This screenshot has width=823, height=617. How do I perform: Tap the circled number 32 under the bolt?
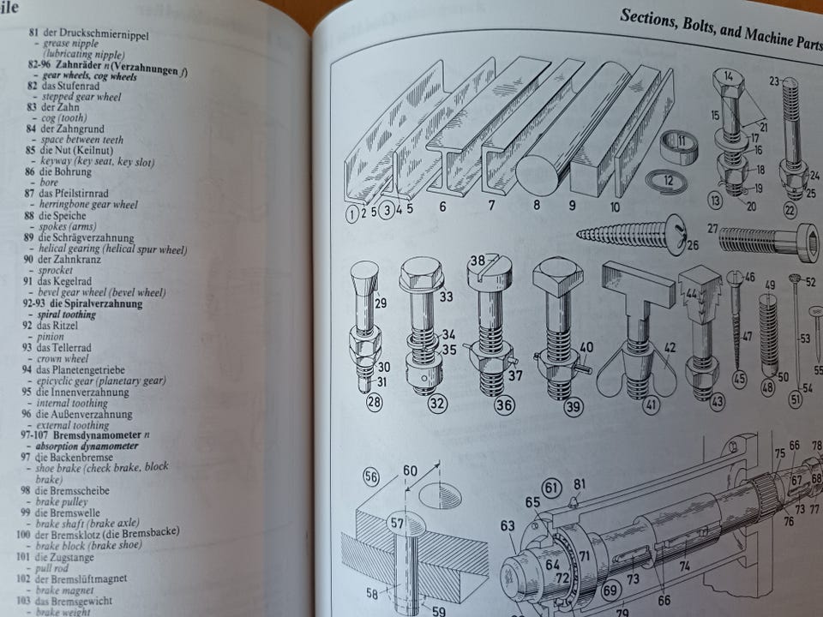(438, 404)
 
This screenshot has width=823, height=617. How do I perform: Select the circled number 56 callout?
(371, 477)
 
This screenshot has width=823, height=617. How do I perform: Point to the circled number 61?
(551, 489)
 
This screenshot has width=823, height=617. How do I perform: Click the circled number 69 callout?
(610, 590)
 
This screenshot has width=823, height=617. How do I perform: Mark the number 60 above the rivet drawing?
(411, 470)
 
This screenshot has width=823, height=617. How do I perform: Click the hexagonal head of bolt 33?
(422, 274)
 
